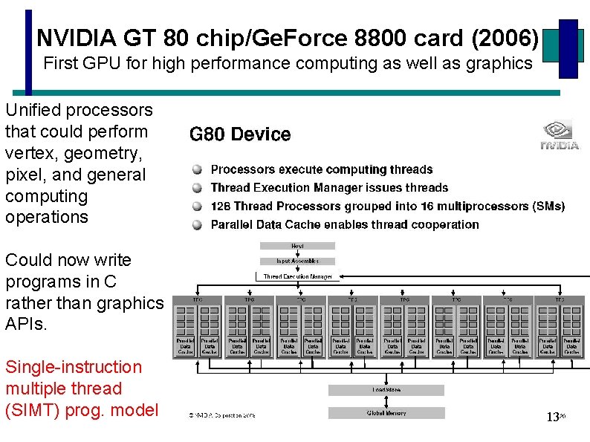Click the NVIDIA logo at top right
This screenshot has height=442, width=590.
[560, 135]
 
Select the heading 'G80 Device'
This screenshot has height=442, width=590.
[240, 134]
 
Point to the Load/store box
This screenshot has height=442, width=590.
[386, 390]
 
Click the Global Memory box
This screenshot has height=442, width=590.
[386, 413]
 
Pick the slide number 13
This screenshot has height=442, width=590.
[552, 417]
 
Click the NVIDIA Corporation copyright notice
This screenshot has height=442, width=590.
[221, 416]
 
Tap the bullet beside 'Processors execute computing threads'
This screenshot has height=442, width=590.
[197, 170]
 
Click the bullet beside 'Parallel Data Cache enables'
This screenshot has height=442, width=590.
[197, 224]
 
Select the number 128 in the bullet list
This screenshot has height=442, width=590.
[221, 206]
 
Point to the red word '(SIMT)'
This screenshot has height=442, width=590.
[30, 410]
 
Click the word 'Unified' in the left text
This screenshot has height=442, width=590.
[32, 110]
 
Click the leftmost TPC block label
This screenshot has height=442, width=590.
[198, 300]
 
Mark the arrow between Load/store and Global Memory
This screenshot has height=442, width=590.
[386, 402]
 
